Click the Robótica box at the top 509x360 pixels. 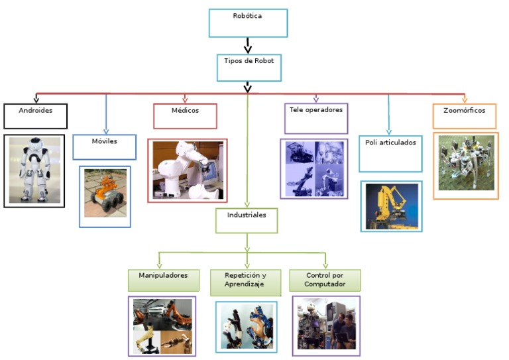pyautogui.click(x=248, y=23)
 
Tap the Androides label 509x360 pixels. pyautogui.click(x=35, y=115)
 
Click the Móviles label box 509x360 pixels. pyautogui.click(x=104, y=147)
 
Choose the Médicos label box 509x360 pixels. pyautogui.click(x=185, y=115)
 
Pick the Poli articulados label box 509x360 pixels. pyautogui.click(x=390, y=152)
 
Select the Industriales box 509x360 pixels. pyautogui.click(x=247, y=220)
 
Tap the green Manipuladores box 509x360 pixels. pyautogui.click(x=163, y=280)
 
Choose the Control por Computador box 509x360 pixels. pyautogui.click(x=325, y=280)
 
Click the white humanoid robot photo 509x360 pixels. pyautogui.click(x=34, y=170)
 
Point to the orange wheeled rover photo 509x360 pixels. pyautogui.click(x=105, y=196)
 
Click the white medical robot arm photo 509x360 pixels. pyautogui.click(x=187, y=170)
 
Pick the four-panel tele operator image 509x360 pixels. pyautogui.click(x=314, y=168)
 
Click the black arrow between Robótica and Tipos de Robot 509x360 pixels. pyautogui.click(x=247, y=46)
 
